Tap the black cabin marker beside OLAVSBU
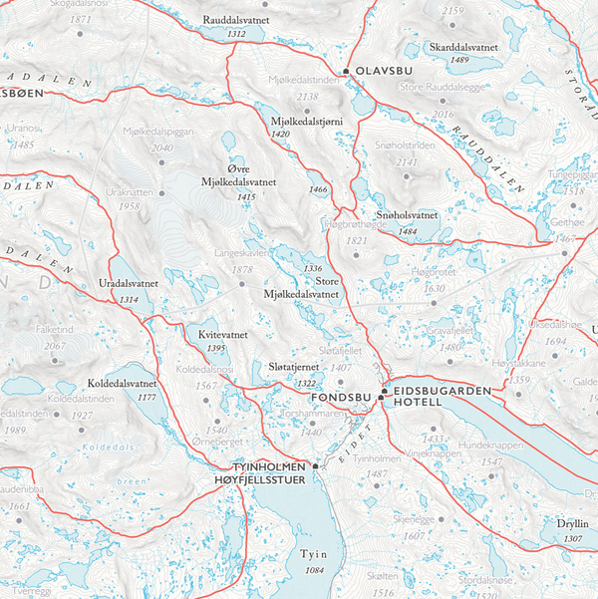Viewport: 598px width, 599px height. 345,72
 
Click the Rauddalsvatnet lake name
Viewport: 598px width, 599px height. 237,20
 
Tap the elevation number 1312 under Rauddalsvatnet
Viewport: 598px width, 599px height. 237,34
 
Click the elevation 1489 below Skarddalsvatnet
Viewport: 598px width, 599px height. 459,61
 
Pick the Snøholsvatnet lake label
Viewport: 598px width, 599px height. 407,215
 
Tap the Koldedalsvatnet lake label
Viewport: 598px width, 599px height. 122,383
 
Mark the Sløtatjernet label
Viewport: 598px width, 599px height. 293,369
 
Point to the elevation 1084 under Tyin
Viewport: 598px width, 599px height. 315,570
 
